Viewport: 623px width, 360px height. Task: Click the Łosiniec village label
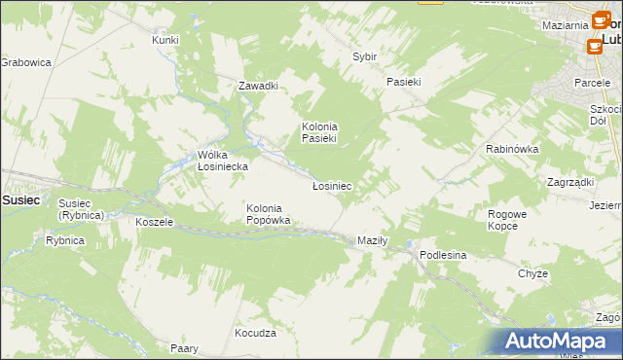pyautogui.click(x=331, y=185)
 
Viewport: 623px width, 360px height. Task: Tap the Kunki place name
pyautogui.click(x=165, y=40)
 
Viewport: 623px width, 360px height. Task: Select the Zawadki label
pyautogui.click(x=259, y=86)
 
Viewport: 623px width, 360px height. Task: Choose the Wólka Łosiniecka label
pyautogui.click(x=223, y=161)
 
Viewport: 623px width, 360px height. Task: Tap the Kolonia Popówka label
pyautogui.click(x=268, y=214)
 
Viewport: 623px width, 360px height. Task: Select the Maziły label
pyautogui.click(x=373, y=240)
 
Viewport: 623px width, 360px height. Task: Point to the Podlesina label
pyautogui.click(x=444, y=254)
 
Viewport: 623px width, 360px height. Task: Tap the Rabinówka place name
pyautogui.click(x=512, y=149)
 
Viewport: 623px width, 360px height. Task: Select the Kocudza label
pyautogui.click(x=255, y=333)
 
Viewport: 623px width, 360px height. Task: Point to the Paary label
pyautogui.click(x=184, y=348)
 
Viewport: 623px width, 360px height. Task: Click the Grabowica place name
pyautogui.click(x=25, y=62)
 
